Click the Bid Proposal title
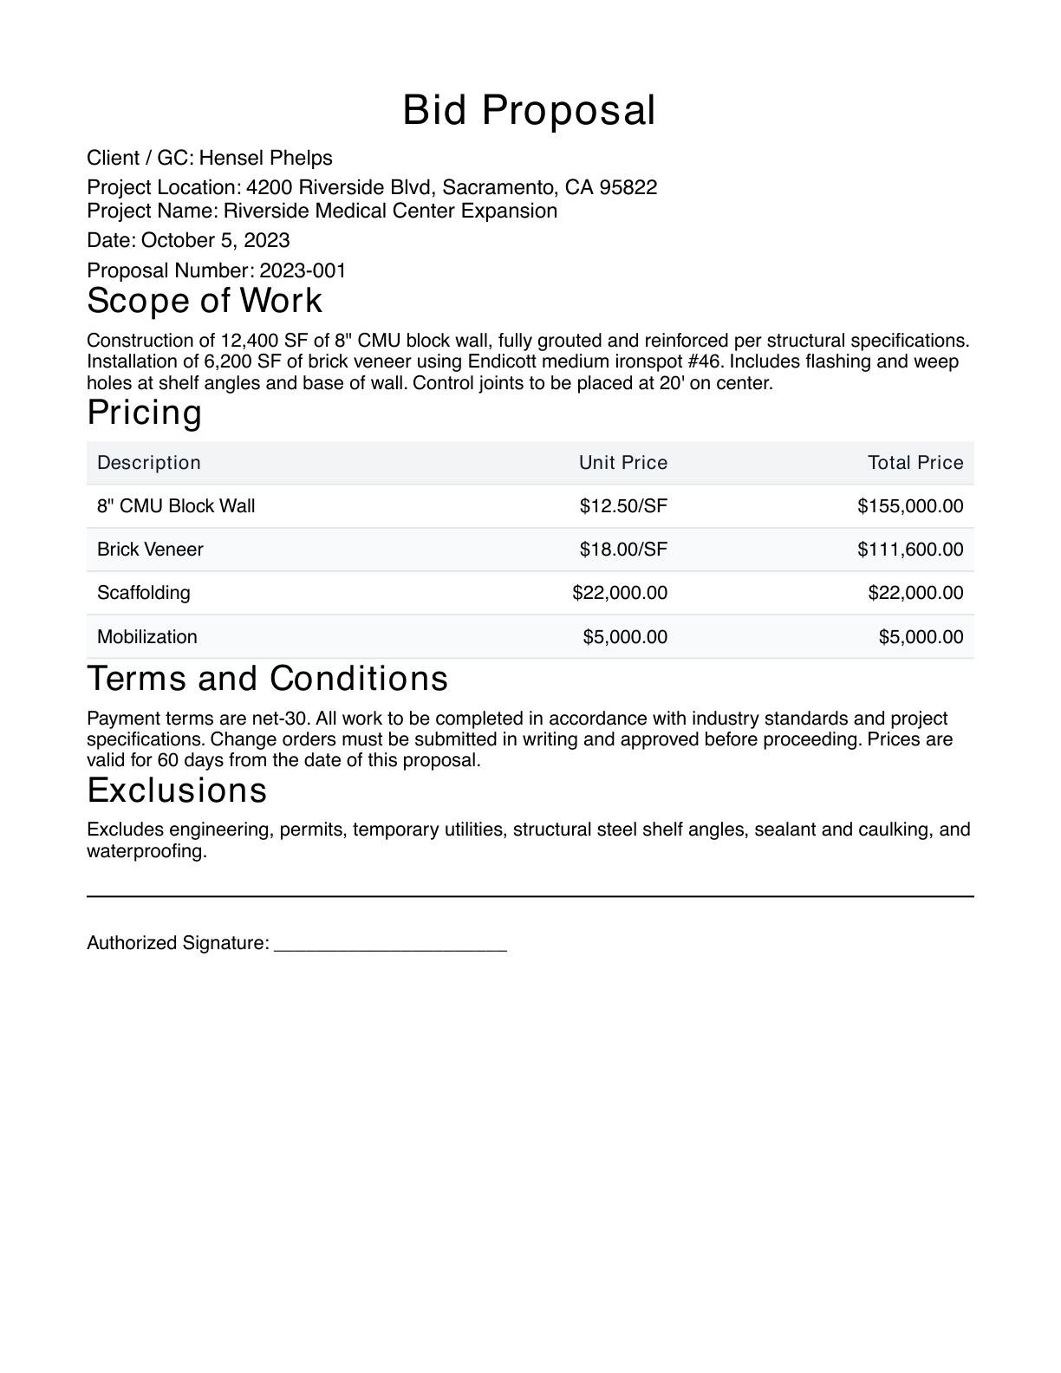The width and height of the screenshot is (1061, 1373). tap(529, 111)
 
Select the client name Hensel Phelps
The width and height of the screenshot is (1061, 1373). tap(265, 158)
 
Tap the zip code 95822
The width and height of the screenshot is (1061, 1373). tap(628, 187)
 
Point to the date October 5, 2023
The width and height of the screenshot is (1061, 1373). tap(215, 240)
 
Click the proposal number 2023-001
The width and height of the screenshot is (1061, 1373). tap(303, 270)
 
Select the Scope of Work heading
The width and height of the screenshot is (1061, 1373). tap(205, 301)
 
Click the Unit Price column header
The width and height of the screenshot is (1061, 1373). tap(622, 463)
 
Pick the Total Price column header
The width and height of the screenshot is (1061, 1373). tap(915, 463)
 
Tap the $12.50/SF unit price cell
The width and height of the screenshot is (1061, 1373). tap(623, 506)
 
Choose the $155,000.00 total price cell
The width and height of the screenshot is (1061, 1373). tap(909, 506)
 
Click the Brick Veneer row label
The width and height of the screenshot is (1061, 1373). tap(150, 550)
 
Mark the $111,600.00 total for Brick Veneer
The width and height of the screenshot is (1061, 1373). tap(909, 550)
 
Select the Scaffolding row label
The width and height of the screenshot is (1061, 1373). tap(144, 593)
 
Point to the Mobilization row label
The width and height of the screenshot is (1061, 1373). tap(147, 637)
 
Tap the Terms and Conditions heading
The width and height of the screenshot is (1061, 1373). tap(268, 678)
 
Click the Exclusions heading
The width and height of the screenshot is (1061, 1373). tap(177, 791)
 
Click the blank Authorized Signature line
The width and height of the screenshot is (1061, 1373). tap(390, 945)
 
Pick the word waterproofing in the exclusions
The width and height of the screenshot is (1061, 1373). tap(146, 851)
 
